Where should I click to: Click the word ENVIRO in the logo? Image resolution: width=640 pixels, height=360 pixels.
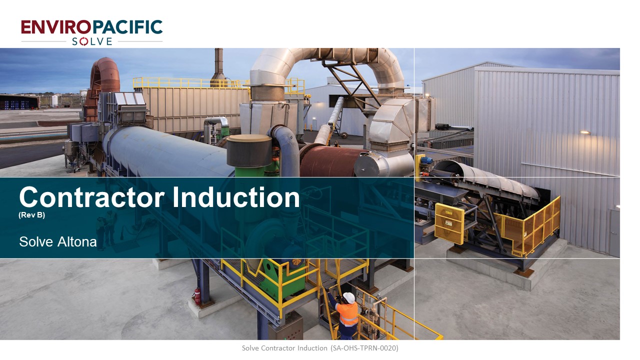pos(56,27)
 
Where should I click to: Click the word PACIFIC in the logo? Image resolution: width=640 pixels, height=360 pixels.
pos(127,27)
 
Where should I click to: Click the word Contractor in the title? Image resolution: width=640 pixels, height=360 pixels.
pos(91,197)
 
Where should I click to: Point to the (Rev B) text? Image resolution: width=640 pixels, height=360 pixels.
pos(31,215)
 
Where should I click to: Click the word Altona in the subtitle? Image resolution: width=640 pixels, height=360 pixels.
pos(77,242)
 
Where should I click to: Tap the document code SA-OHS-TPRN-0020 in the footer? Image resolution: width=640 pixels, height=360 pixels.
pos(364,348)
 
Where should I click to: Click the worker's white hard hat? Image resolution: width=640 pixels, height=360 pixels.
pos(348,297)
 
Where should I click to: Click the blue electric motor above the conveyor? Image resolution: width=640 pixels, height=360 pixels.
pos(426,159)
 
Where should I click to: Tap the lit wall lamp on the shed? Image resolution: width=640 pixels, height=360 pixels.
pos(584,132)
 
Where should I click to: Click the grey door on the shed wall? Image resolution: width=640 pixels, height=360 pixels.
pos(614,233)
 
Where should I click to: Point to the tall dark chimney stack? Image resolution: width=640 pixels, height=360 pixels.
pos(218,67)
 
